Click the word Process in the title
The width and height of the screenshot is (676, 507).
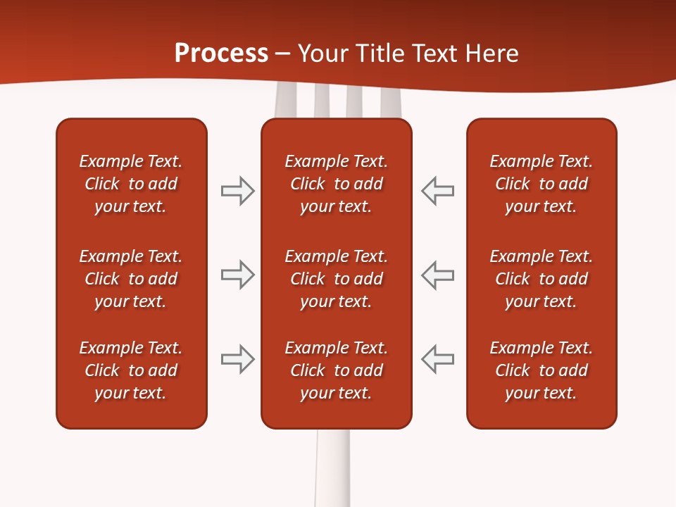(x=221, y=54)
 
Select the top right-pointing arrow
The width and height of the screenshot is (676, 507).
(x=237, y=191)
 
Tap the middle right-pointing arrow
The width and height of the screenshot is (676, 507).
(x=237, y=275)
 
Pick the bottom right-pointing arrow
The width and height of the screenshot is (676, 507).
(x=237, y=359)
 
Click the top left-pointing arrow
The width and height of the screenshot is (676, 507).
(x=438, y=191)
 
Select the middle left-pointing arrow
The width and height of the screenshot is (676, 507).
(x=438, y=275)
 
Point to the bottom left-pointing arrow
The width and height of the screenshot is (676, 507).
(x=438, y=359)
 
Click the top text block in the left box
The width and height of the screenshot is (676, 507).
(x=131, y=184)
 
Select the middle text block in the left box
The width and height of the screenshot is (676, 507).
(x=131, y=279)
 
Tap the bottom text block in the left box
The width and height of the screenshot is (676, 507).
(x=131, y=370)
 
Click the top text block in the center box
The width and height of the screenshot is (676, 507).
(x=337, y=184)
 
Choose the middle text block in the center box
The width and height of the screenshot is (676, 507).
(x=337, y=279)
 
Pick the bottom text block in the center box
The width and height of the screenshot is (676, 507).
(x=337, y=370)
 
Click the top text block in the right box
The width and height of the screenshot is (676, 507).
(x=542, y=184)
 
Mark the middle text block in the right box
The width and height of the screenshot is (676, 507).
(x=542, y=279)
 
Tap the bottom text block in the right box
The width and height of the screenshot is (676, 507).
(x=542, y=370)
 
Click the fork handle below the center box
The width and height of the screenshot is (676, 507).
(x=332, y=468)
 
